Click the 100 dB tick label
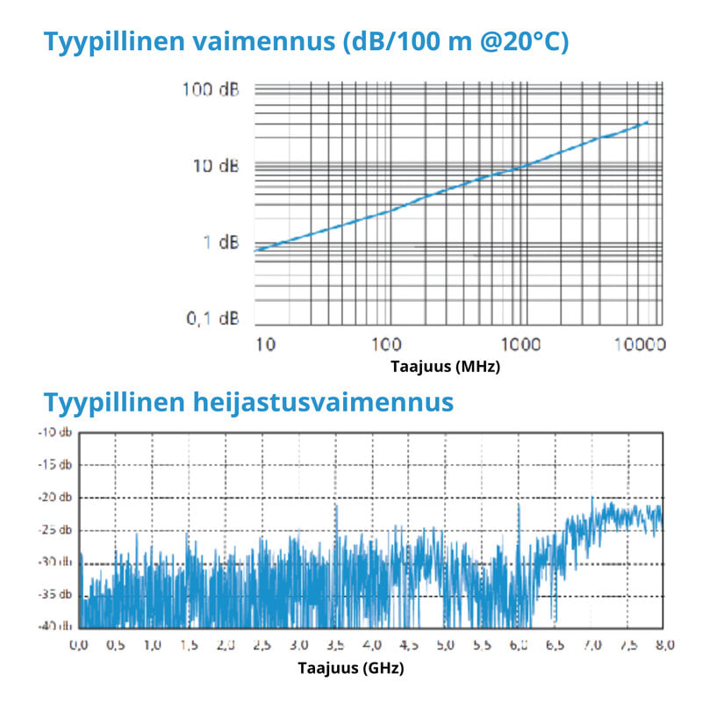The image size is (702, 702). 211,89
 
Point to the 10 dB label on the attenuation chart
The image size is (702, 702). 216,166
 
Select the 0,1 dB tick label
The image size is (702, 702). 212,318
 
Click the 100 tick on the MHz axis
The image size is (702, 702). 386,345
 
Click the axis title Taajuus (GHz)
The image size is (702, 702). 351,669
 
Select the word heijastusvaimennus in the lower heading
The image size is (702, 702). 321,403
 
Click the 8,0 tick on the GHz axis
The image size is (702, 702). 663,646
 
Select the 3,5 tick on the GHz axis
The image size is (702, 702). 335,646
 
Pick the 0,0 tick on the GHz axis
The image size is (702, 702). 79,646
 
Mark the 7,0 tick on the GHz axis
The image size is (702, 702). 590,646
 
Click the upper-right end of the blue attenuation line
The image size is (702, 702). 648,122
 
